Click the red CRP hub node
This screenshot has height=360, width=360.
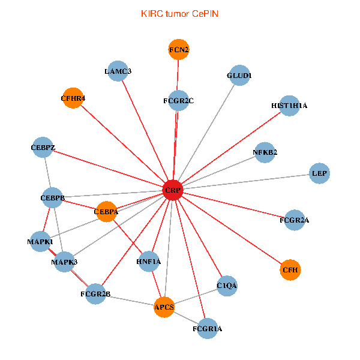point(173,190)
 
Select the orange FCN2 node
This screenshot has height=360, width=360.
point(179,50)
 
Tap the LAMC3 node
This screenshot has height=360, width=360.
point(118,71)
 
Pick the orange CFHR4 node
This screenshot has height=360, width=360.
point(73,98)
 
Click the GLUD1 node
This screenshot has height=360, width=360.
point(239,76)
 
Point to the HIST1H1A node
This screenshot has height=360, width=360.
point(289,106)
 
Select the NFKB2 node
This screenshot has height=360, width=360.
point(265,152)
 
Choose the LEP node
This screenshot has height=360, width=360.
point(319,173)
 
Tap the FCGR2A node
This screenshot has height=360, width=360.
point(294,220)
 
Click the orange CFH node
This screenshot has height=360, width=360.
point(290,270)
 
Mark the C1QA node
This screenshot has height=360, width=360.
point(227,286)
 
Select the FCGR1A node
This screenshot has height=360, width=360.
point(207,329)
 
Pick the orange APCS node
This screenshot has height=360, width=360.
point(164,307)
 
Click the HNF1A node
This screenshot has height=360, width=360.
point(148,262)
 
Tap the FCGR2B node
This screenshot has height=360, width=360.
point(95,294)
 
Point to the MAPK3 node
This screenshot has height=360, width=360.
point(64,262)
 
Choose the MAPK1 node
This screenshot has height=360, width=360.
point(40,242)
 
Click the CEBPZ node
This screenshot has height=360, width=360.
point(43,147)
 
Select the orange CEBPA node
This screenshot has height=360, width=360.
point(106,211)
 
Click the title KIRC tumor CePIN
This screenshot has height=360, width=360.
point(179,13)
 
